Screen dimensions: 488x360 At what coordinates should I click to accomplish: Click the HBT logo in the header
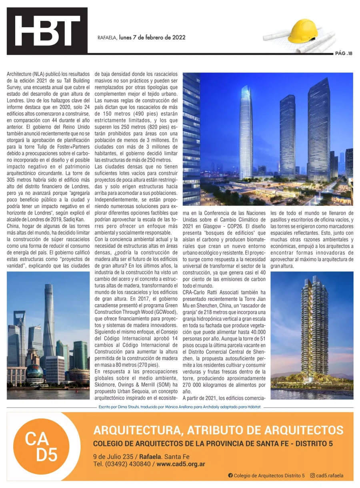[x=47, y=31]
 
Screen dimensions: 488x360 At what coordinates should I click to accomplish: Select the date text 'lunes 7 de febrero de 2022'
[x=152, y=38]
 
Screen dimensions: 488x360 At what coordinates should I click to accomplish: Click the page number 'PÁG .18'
[x=344, y=53]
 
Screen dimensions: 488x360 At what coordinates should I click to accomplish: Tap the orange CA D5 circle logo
[x=42, y=446]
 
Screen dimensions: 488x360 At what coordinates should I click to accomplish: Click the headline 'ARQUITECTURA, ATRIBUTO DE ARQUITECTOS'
[x=218, y=430]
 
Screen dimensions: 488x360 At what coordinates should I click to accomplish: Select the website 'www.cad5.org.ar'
[x=181, y=464]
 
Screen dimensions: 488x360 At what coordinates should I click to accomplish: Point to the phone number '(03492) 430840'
[x=128, y=464]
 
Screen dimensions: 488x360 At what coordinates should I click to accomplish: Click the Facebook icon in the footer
[x=230, y=476]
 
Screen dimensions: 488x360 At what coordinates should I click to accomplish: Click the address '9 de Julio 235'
[x=113, y=457]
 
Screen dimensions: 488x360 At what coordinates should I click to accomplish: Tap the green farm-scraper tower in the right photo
[x=314, y=328]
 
